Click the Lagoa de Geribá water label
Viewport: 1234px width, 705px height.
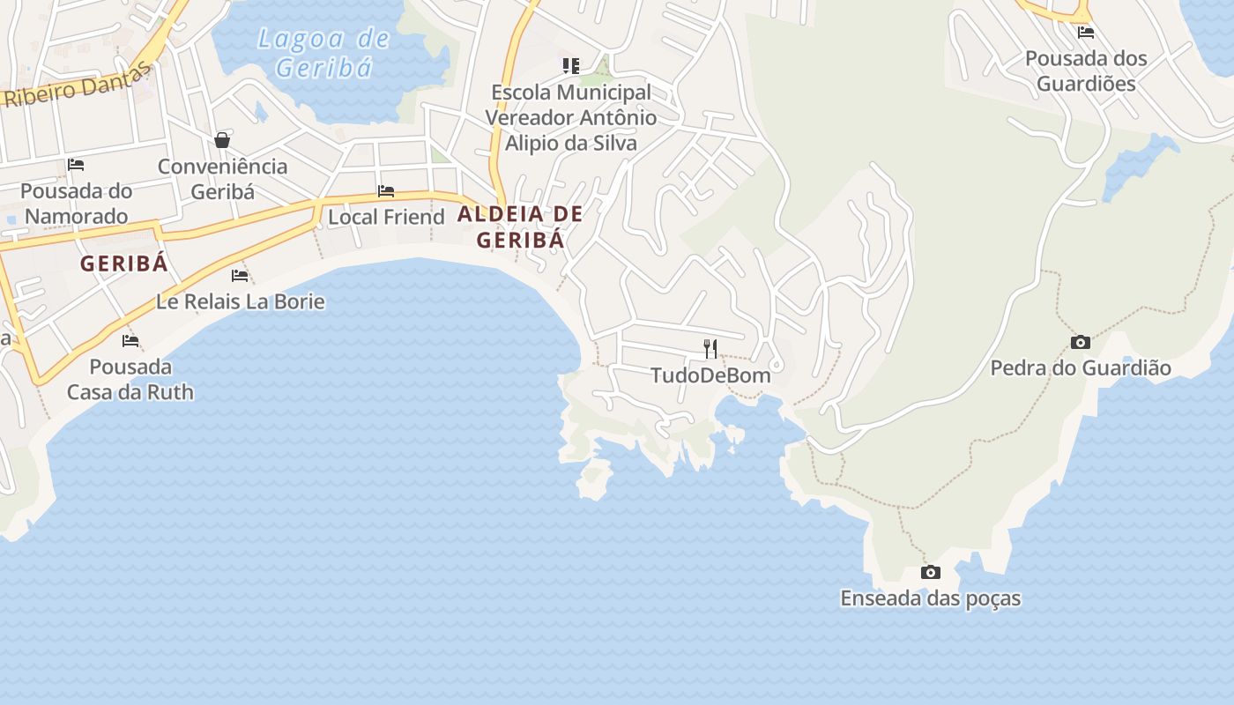pyautogui.click(x=323, y=53)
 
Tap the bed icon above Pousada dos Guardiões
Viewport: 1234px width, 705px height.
pyautogui.click(x=1086, y=33)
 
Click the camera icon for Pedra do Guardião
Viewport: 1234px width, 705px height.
pyautogui.click(x=1081, y=342)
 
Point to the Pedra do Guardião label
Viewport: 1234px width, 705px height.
pyautogui.click(x=1081, y=368)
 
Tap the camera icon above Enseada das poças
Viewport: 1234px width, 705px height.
pyautogui.click(x=930, y=573)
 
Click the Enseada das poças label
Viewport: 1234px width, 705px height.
pyautogui.click(x=930, y=598)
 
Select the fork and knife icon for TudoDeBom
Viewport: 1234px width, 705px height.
pyautogui.click(x=710, y=349)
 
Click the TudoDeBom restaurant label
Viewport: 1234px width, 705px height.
pyautogui.click(x=710, y=375)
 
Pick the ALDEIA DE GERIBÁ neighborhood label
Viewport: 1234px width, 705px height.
pyautogui.click(x=520, y=226)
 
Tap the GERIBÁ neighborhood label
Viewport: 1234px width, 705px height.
pyautogui.click(x=123, y=263)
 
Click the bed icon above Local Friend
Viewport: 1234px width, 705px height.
pyautogui.click(x=386, y=190)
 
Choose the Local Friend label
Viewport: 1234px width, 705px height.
pyautogui.click(x=386, y=217)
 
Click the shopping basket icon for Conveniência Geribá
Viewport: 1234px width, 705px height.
pyautogui.click(x=222, y=140)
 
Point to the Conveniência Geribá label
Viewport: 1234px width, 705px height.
pyautogui.click(x=222, y=179)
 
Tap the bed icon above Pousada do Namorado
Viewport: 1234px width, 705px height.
pyautogui.click(x=76, y=165)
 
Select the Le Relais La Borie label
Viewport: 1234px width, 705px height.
pyautogui.click(x=241, y=301)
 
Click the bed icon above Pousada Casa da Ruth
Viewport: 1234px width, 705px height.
pyautogui.click(x=130, y=340)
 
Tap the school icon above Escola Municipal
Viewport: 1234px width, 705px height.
pyautogui.click(x=571, y=65)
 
